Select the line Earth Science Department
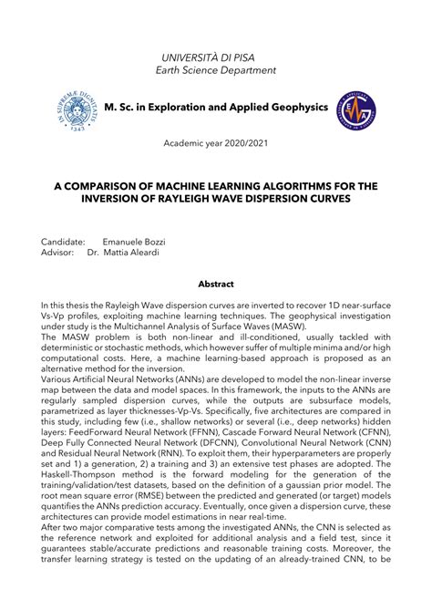[216, 72]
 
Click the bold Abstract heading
[216, 285]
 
